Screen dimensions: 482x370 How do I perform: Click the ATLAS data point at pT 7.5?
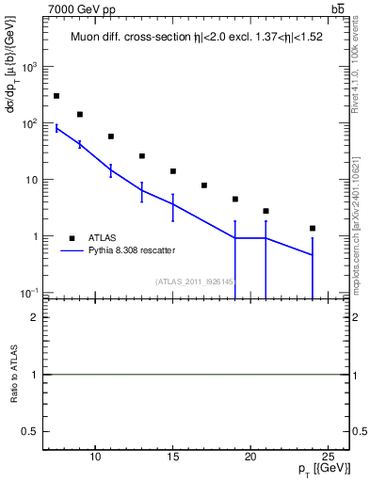point(56,96)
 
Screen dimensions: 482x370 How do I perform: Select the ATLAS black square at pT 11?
point(111,137)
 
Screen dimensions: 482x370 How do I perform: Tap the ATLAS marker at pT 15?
point(173,171)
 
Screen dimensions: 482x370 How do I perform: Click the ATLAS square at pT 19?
point(235,200)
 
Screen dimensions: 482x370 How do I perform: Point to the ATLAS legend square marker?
point(72,237)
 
